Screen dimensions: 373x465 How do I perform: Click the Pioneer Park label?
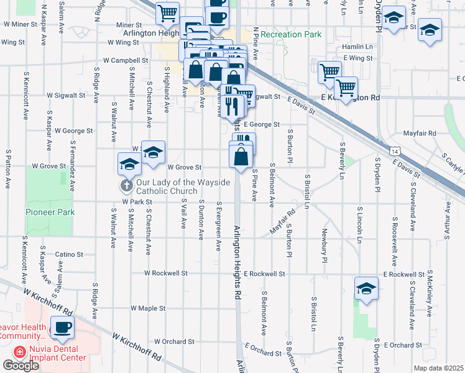50,212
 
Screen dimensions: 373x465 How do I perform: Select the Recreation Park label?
292,34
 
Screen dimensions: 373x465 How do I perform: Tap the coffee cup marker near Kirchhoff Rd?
62,328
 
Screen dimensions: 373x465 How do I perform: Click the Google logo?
21,366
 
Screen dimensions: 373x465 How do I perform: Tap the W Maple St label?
147,308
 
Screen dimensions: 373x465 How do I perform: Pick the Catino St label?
69,254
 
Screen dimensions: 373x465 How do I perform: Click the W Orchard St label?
175,341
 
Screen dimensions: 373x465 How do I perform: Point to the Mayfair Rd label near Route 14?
419,133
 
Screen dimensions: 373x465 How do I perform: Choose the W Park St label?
137,202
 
